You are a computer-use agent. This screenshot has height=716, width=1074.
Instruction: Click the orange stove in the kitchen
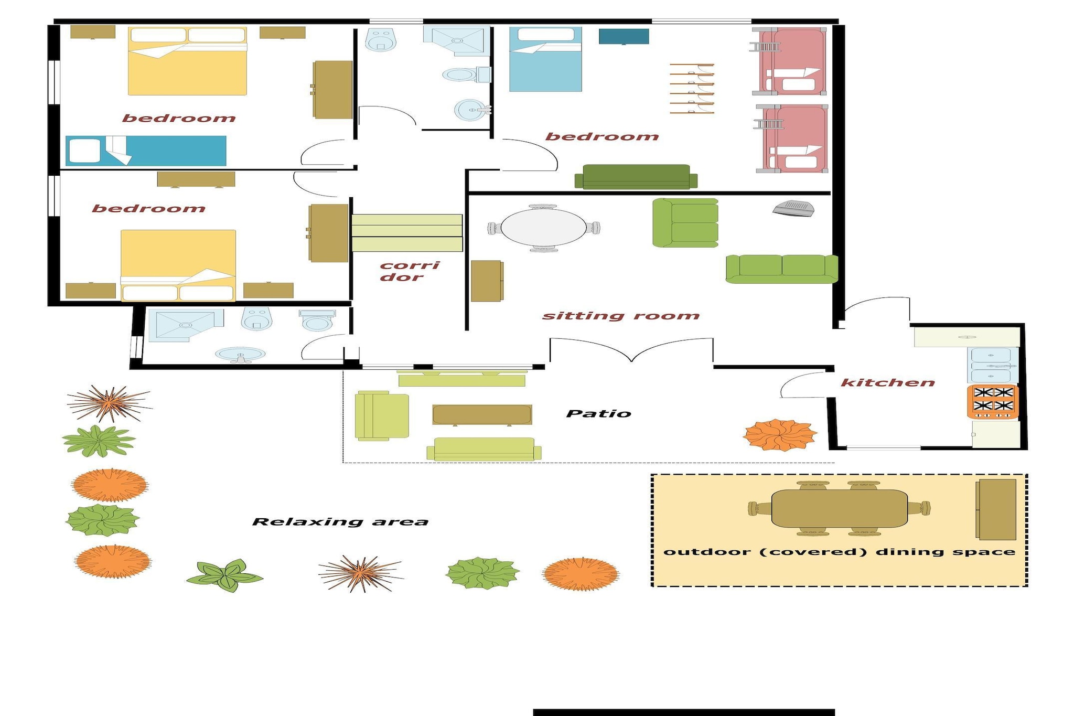(993, 401)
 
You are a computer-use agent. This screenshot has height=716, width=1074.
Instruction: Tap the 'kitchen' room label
(888, 383)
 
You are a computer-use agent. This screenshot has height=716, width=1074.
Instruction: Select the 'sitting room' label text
(621, 316)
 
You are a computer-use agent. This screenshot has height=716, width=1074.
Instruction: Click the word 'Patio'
(598, 414)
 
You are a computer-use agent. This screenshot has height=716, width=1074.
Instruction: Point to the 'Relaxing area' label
(340, 522)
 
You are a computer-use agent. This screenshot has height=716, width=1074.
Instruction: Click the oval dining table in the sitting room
(544, 228)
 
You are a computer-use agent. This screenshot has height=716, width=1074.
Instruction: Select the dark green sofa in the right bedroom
(636, 177)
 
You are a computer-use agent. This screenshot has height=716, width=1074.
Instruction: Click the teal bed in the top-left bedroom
(146, 151)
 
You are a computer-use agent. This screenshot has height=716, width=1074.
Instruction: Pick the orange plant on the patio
(780, 434)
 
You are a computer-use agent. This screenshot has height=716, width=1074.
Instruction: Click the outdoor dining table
(839, 508)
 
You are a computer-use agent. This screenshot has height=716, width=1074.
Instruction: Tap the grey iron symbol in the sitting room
(793, 208)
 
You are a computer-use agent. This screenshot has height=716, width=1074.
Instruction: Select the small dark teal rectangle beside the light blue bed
(624, 37)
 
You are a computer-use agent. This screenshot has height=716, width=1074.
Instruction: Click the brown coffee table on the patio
(482, 414)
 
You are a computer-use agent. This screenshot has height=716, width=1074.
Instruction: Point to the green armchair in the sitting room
(685, 222)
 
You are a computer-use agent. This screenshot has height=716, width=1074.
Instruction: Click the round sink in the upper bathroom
(470, 110)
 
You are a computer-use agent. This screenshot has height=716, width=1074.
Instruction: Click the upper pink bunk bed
(792, 61)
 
